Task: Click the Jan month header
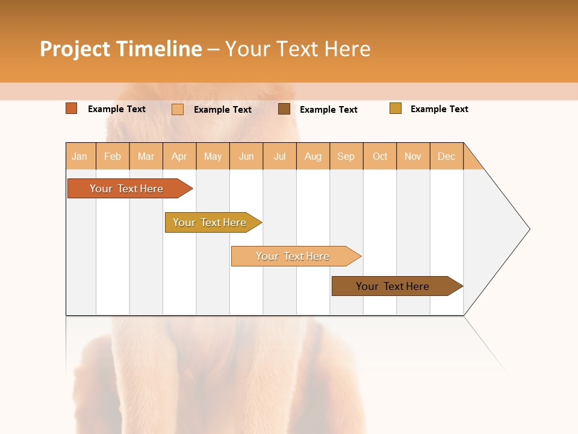pyautogui.click(x=80, y=156)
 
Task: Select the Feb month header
pyautogui.click(x=113, y=156)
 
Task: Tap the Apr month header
pyautogui.click(x=179, y=156)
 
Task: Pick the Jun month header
pyautogui.click(x=246, y=156)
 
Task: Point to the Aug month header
pyautogui.click(x=313, y=156)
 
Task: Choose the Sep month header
pyautogui.click(x=346, y=156)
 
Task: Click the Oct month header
pyautogui.click(x=380, y=156)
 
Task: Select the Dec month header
pyautogui.click(x=447, y=156)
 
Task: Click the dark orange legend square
pyautogui.click(x=72, y=108)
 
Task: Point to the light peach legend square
pyautogui.click(x=178, y=109)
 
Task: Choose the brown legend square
pyautogui.click(x=284, y=109)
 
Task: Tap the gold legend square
pyautogui.click(x=396, y=108)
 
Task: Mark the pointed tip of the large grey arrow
pyautogui.click(x=529, y=229)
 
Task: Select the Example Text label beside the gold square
pyautogui.click(x=440, y=109)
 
